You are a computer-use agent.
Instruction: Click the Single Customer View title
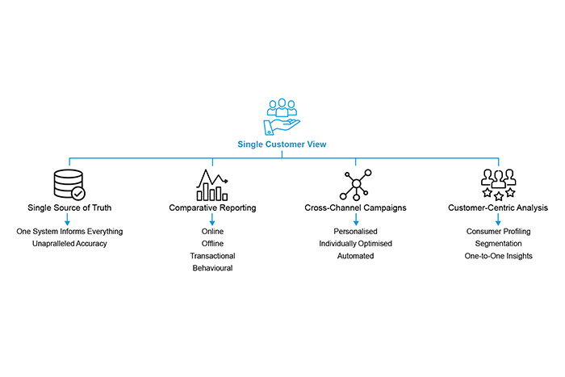coord(282,145)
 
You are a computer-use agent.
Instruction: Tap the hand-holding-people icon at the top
coord(282,117)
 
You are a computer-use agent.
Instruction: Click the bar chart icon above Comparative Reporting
coord(212,185)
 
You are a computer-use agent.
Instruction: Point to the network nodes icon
coord(355,185)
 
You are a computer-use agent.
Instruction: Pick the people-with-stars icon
coord(497,185)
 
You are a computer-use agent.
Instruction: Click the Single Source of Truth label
coord(69,208)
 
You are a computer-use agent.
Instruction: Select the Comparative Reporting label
coord(212,208)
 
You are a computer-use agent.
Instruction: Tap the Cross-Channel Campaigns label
coord(355,208)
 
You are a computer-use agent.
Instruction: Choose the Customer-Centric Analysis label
coord(498,208)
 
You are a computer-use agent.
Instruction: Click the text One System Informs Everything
coord(69,232)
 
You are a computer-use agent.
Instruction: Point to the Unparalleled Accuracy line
coord(69,244)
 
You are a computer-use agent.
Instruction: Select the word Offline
coord(212,244)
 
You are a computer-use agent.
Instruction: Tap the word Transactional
coord(212,256)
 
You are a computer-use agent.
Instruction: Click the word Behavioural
coord(212,268)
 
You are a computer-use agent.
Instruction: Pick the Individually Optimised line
coord(355,244)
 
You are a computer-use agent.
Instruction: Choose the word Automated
coord(355,256)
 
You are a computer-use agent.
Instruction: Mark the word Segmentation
coord(498,244)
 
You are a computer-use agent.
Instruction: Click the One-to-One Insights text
coord(498,256)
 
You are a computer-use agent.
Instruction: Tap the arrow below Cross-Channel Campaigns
coord(355,220)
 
